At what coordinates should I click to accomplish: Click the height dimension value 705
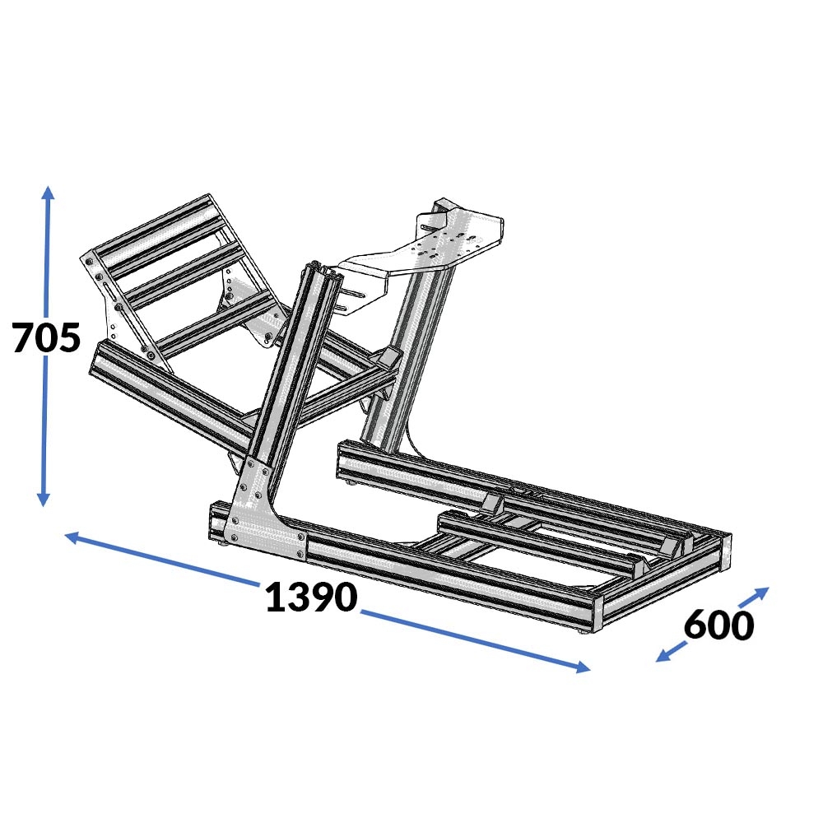pyautogui.click(x=47, y=337)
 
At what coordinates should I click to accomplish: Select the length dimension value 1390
pyautogui.click(x=311, y=597)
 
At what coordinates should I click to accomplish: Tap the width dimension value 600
pyautogui.click(x=718, y=625)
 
